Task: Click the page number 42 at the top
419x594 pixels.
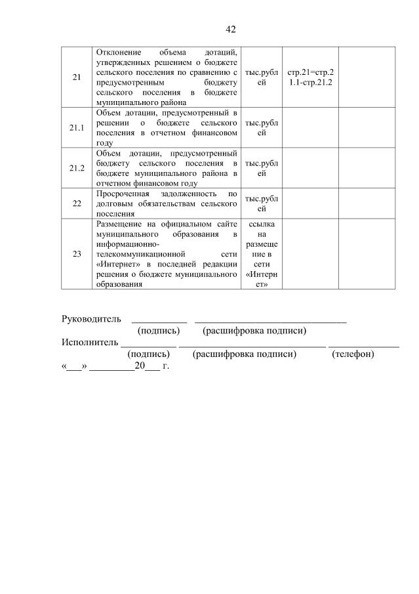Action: click(x=230, y=30)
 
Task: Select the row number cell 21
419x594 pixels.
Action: click(x=77, y=77)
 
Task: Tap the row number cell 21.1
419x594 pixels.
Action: click(x=77, y=127)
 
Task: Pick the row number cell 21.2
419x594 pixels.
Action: click(x=77, y=168)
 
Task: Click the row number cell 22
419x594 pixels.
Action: click(x=77, y=203)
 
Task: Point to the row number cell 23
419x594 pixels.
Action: click(x=77, y=254)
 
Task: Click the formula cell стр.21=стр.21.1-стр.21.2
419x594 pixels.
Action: click(x=310, y=77)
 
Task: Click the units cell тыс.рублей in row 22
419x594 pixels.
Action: click(x=262, y=203)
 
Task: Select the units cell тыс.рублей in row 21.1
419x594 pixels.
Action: click(x=262, y=127)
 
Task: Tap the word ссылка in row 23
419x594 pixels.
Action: click(x=262, y=224)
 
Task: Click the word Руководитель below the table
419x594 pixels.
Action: click(x=91, y=319)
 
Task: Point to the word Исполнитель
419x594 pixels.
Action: click(x=90, y=342)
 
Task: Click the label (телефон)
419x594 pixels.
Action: click(x=353, y=354)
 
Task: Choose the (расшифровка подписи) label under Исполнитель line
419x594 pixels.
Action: click(x=245, y=354)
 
